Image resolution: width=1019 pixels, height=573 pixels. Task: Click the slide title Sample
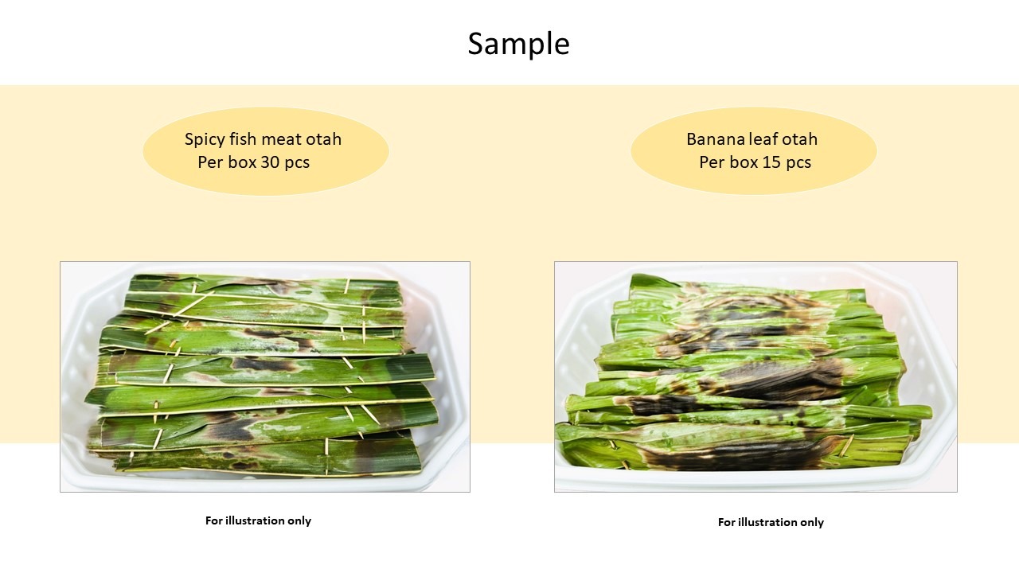(x=518, y=45)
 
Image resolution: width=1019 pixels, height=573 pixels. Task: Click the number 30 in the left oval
(x=270, y=162)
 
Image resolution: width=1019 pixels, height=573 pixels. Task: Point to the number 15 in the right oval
(x=771, y=162)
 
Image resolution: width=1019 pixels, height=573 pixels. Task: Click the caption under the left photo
(x=258, y=520)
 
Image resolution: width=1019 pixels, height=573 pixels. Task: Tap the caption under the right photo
(x=771, y=522)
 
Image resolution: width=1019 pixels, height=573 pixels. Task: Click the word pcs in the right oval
(x=798, y=163)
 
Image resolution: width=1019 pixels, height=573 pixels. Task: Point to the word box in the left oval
(x=241, y=162)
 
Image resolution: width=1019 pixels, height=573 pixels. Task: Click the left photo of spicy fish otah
(x=265, y=376)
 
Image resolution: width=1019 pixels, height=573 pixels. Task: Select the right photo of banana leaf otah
(x=755, y=376)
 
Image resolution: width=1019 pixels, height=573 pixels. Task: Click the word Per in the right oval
(x=712, y=162)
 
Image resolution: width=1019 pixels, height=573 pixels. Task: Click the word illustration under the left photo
(x=255, y=520)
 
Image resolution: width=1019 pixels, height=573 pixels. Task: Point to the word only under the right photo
(x=812, y=523)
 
